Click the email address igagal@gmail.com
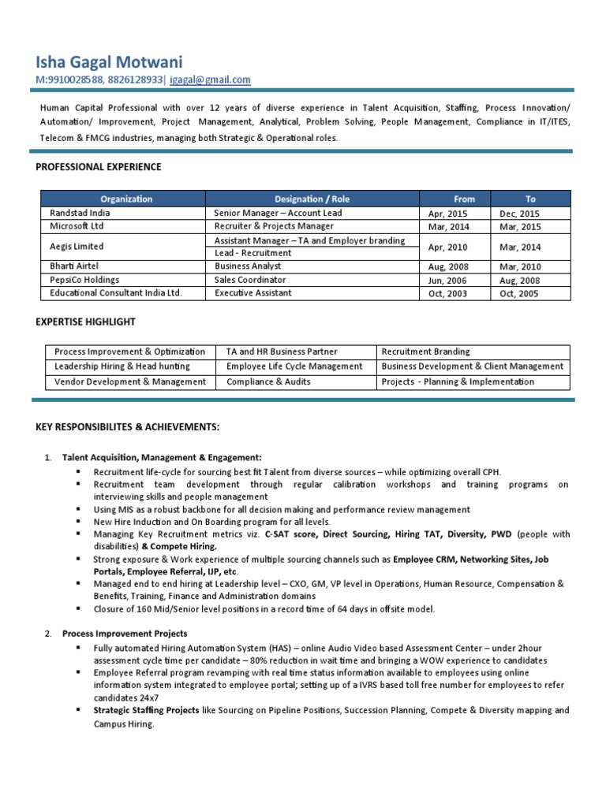209,80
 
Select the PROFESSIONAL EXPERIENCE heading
99,167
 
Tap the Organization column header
126,199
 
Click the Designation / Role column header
311,199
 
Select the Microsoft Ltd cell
77,226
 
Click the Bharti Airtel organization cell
74,266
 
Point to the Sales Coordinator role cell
249,280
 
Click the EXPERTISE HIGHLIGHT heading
86,322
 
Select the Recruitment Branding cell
425,351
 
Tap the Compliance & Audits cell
268,381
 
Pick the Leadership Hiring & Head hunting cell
122,366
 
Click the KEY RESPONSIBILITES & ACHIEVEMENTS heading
128,427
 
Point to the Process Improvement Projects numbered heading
125,634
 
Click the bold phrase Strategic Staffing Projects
145,710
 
